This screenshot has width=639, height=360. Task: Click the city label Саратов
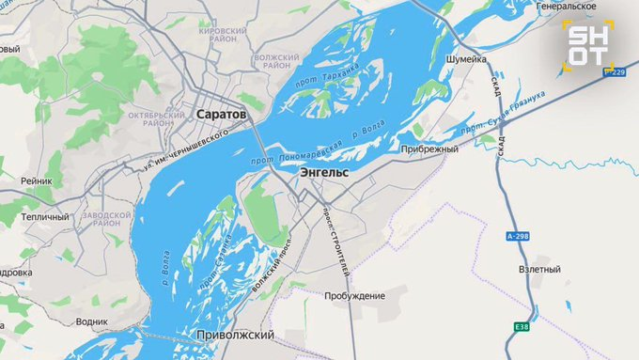[x=222, y=114]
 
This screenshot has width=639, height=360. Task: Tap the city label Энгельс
[x=324, y=174]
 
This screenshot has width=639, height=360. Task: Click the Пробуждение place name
[x=354, y=296]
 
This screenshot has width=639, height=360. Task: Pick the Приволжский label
[x=236, y=335]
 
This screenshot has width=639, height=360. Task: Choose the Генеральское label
[x=568, y=7]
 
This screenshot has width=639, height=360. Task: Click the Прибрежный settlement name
[x=429, y=149]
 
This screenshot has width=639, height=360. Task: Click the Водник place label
[x=91, y=321]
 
